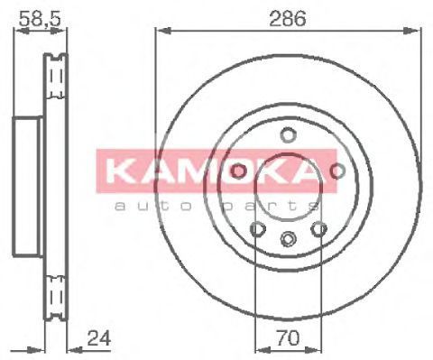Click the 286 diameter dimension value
288,18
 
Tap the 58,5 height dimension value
40,19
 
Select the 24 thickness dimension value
99,338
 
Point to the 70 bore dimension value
288,337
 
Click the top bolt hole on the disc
288,134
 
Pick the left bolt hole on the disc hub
238,171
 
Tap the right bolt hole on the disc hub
337,171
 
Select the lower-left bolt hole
258,229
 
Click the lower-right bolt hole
318,229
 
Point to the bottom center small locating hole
288,239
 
